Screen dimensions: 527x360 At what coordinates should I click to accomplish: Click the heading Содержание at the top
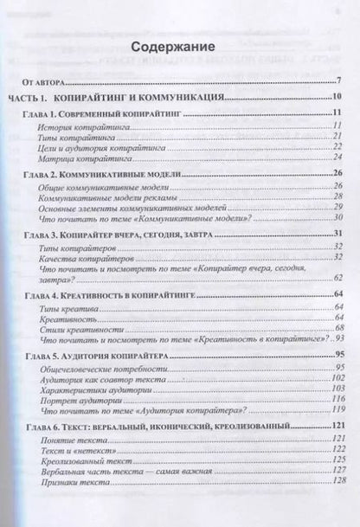coord(179,48)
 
